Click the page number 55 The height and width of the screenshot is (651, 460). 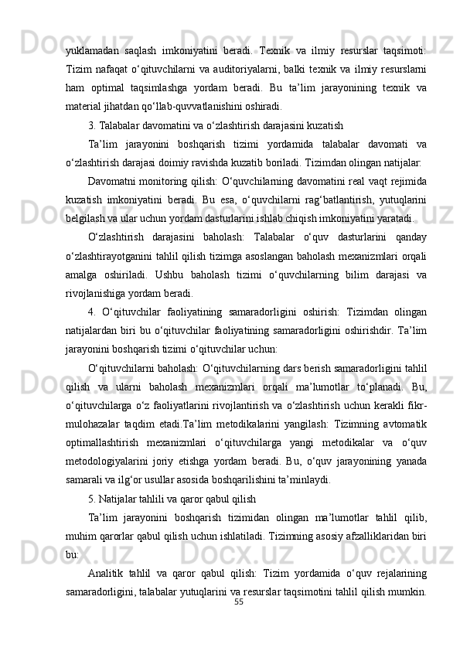238,622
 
